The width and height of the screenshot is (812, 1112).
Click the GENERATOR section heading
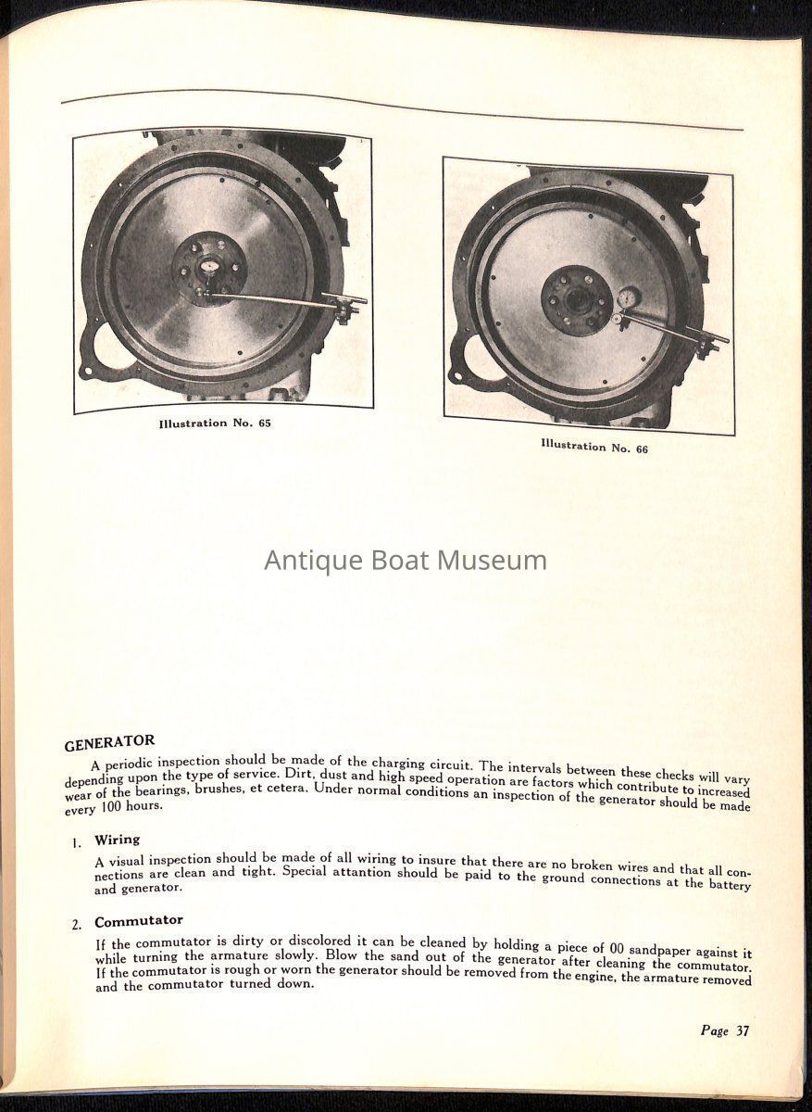click(x=109, y=743)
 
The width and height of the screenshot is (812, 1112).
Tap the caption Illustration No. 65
click(x=215, y=423)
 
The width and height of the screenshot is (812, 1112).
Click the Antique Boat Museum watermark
click(x=406, y=561)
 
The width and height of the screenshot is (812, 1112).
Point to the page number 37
click(x=724, y=1031)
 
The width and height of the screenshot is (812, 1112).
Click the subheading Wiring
click(x=117, y=840)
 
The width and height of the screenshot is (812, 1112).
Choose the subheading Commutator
click(x=138, y=921)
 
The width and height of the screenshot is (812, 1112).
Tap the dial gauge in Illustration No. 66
click(x=629, y=298)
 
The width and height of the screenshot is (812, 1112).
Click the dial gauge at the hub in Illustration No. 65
click(x=209, y=267)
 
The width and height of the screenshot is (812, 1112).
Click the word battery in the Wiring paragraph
click(x=730, y=884)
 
